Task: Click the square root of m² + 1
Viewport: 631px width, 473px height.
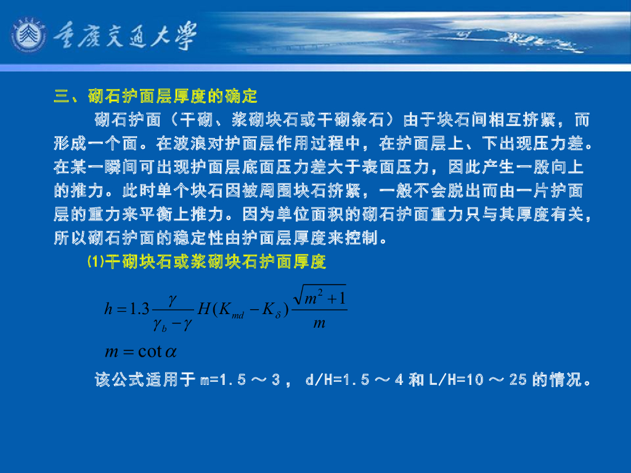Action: click(x=320, y=297)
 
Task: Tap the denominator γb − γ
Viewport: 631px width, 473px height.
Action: click(x=173, y=323)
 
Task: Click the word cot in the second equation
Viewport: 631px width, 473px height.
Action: click(x=150, y=352)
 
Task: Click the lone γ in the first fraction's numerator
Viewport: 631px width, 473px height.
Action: click(x=173, y=297)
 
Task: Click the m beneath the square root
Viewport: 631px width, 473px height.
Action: click(x=319, y=322)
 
